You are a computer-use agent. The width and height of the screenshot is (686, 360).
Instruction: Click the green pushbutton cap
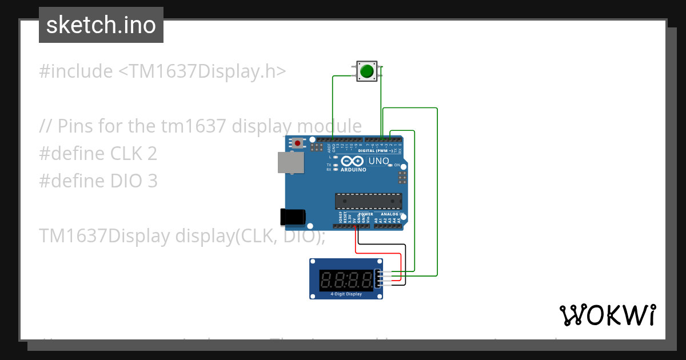click(x=366, y=71)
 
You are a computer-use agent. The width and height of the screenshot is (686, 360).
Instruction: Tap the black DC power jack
click(x=293, y=217)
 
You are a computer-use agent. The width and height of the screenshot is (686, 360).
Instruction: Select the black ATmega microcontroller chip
click(x=368, y=201)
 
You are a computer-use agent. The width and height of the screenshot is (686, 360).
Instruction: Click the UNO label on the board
click(x=378, y=161)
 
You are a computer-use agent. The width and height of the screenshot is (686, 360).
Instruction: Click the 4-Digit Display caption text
click(x=346, y=294)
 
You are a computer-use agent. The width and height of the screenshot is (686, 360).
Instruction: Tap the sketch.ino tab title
click(x=101, y=25)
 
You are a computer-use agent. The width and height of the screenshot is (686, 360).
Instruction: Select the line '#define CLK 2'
click(x=98, y=154)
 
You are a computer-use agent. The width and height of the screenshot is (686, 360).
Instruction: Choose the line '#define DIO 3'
click(x=98, y=181)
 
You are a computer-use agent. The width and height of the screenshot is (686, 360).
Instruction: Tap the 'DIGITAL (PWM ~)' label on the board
click(x=376, y=151)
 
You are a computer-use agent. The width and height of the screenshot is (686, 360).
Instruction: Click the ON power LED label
click(x=397, y=165)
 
